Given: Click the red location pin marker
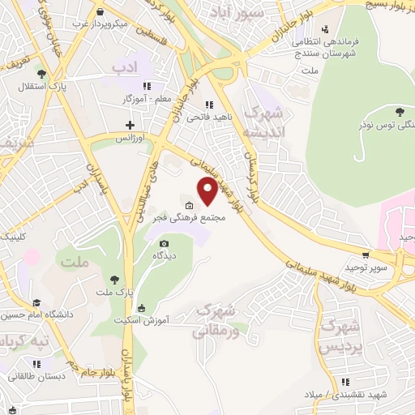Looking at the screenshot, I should [x=207, y=191].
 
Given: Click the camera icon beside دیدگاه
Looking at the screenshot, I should [x=165, y=243].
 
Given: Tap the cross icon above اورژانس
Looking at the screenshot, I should [x=130, y=125].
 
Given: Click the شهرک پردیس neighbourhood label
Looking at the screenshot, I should [x=341, y=336].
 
